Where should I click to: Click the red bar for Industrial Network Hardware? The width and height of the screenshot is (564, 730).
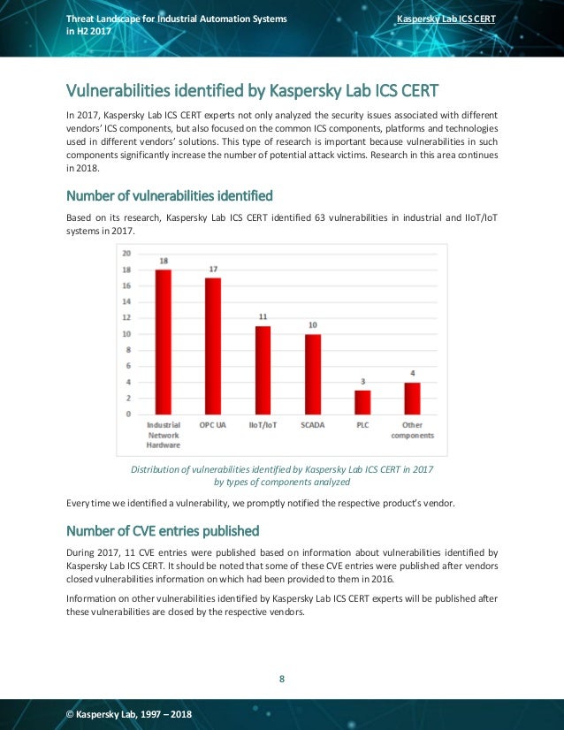pos(163,342)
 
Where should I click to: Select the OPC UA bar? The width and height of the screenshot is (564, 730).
pos(213,346)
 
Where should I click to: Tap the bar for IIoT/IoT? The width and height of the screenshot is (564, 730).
pos(263,370)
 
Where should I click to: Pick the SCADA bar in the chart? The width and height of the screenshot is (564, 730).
pos(313,375)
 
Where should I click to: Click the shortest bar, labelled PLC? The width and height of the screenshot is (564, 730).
pos(362,402)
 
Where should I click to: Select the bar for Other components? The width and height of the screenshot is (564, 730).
pos(412,399)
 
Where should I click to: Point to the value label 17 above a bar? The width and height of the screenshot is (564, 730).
pos(213,269)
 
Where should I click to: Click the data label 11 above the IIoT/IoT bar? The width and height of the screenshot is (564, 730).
pos(263,316)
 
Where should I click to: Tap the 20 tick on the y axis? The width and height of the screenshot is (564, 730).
pos(126,254)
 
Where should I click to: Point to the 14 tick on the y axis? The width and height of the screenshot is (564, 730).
pos(126,301)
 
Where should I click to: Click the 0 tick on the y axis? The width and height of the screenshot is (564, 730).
pos(128,414)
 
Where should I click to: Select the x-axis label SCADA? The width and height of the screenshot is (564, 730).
pos(313,425)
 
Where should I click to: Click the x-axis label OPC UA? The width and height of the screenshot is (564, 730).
pos(213,425)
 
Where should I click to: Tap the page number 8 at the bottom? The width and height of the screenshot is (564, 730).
pos(282,679)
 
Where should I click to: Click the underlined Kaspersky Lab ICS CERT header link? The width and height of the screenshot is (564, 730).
pos(446,19)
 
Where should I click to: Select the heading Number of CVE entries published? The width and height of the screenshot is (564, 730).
pos(163,531)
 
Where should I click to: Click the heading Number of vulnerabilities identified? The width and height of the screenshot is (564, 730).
pos(170,195)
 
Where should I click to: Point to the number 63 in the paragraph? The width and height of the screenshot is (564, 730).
pos(319,217)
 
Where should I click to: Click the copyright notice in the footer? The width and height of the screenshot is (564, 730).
pos(129,714)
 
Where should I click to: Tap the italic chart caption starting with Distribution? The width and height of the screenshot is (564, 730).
pos(282,475)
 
